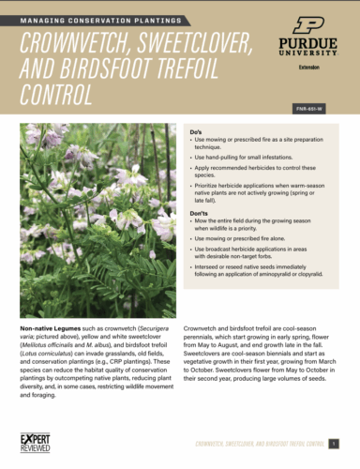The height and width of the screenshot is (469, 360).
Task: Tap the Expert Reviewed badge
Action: click(x=37, y=440)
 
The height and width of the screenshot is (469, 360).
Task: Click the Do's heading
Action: click(x=196, y=131)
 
